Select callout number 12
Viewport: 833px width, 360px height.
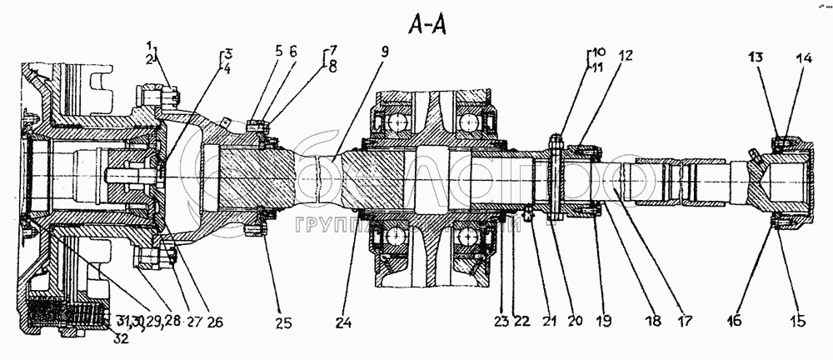pos(625,56)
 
